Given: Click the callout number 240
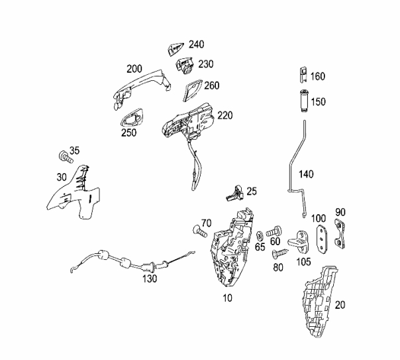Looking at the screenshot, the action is tap(197, 44).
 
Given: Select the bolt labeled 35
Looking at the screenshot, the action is tap(66, 156).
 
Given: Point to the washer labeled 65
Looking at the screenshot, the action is tap(260, 235).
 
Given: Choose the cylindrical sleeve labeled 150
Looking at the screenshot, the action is tap(303, 101).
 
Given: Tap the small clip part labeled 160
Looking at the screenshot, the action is tap(303, 75).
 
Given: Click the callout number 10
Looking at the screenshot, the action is tap(228, 298).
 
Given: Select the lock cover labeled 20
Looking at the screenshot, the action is tap(320, 301).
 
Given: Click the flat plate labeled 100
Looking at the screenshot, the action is tap(322, 239).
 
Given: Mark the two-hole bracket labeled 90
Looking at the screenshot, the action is tap(340, 233).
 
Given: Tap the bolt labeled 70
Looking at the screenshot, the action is tap(200, 231).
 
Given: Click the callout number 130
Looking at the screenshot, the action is tap(150, 278).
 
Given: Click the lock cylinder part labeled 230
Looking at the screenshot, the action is tap(184, 66).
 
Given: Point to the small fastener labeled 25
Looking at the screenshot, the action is tap(234, 193).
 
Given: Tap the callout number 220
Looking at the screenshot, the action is tap(225, 115).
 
